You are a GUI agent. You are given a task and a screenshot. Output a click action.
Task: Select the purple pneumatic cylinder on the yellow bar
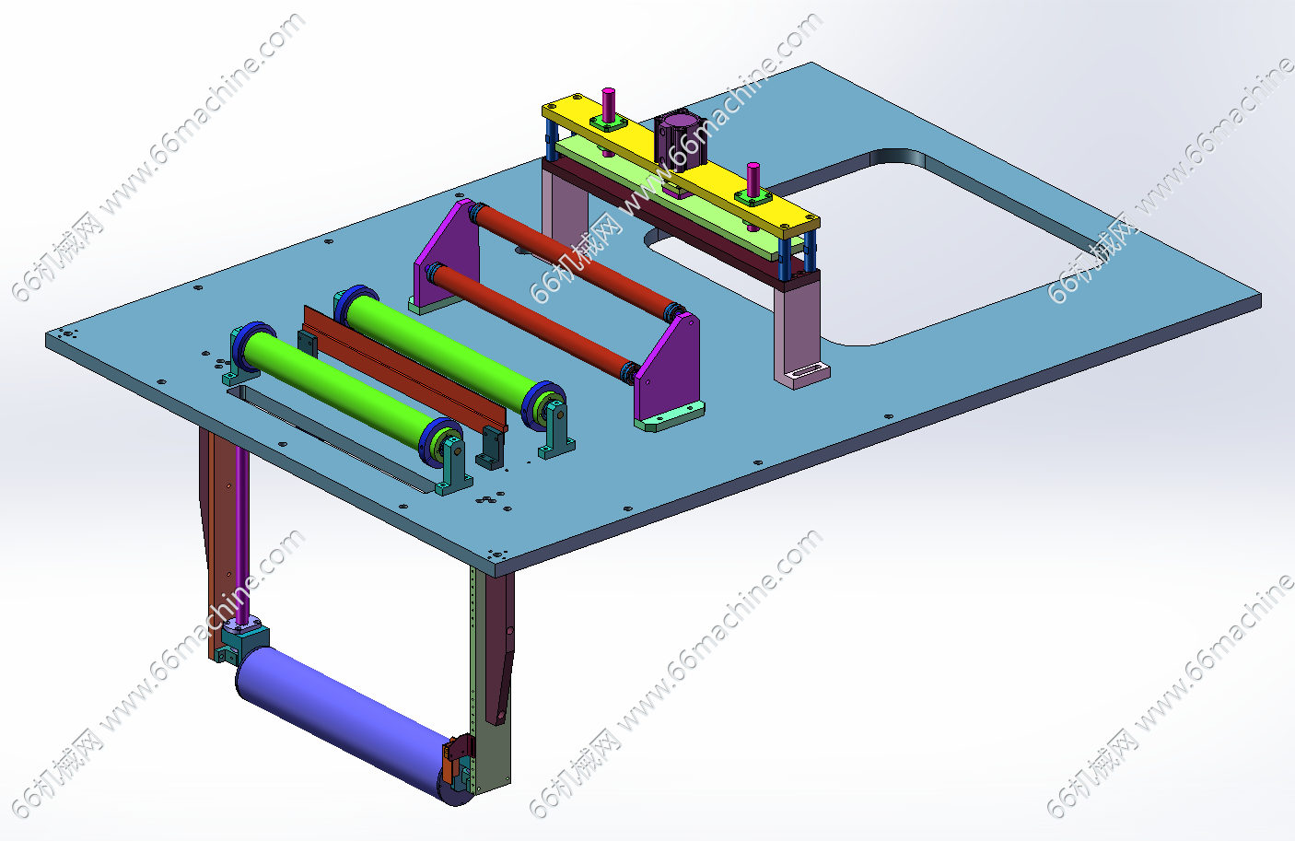coord(680,139)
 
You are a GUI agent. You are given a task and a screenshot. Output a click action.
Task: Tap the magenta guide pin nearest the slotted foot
coord(752,180)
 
